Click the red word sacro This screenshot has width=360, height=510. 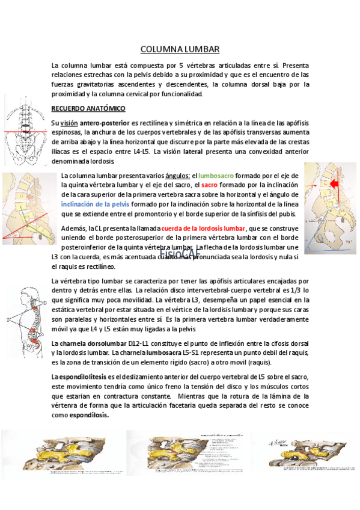click(209, 185)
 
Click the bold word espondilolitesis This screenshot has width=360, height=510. click(81, 376)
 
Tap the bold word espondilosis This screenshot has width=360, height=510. click(89, 415)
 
